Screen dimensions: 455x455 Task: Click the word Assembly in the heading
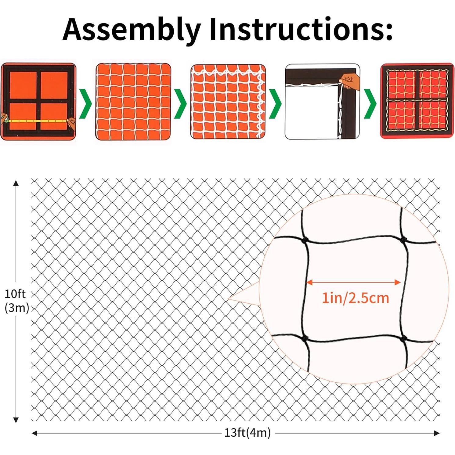pyautogui.click(x=131, y=30)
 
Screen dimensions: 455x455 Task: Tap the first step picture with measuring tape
pyautogui.click(x=38, y=102)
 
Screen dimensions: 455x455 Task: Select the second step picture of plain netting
pyautogui.click(x=133, y=102)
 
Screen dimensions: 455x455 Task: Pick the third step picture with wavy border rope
pyautogui.click(x=228, y=102)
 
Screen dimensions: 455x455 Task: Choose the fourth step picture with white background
pyautogui.click(x=323, y=102)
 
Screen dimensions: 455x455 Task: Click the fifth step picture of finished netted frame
pyautogui.click(x=417, y=102)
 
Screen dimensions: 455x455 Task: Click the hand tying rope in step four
pyautogui.click(x=348, y=81)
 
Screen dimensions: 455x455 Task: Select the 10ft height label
pyautogui.click(x=15, y=294)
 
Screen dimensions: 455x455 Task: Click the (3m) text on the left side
pyautogui.click(x=17, y=308)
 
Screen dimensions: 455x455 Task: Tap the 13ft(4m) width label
pyautogui.click(x=247, y=433)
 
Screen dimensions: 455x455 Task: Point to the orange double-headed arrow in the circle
pyautogui.click(x=353, y=282)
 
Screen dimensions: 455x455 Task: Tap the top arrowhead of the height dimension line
pyautogui.click(x=16, y=183)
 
